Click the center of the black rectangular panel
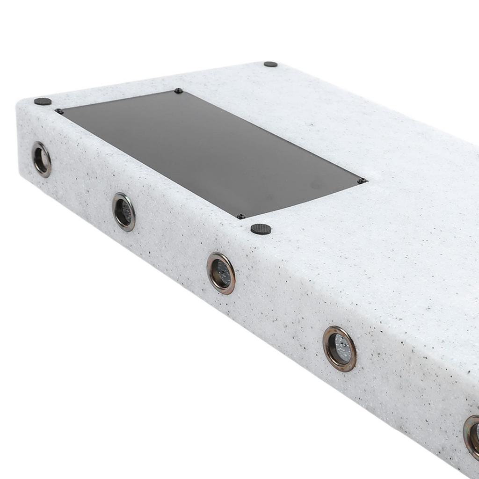pyautogui.click(x=210, y=152)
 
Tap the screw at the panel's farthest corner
pyautogui.click(x=178, y=91)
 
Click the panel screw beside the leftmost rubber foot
pyautogui.click(x=59, y=111)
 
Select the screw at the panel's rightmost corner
pyautogui.click(x=361, y=181)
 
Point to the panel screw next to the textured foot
pyautogui.click(x=241, y=216)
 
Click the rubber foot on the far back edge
pyautogui.click(x=270, y=64)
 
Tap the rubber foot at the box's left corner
pyautogui.click(x=43, y=101)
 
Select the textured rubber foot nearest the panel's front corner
pyautogui.click(x=261, y=229)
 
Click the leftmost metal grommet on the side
pyautogui.click(x=42, y=160)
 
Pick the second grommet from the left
pyautogui.click(x=124, y=212)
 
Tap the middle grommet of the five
pyautogui.click(x=221, y=273)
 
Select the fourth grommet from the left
pyautogui.click(x=339, y=348)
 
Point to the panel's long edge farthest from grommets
pyautogui.click(x=271, y=136)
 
